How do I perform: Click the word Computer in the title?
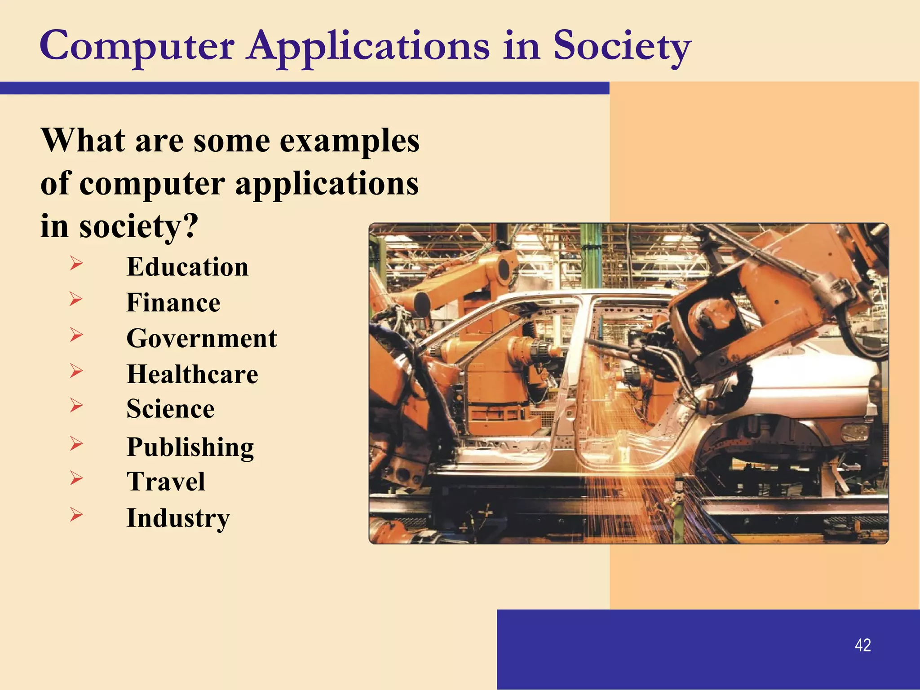137,46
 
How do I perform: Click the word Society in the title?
622,46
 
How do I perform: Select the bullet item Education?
187,267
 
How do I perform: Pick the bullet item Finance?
173,302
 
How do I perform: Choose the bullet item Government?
202,338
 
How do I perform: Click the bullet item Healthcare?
192,374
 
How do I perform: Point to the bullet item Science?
171,409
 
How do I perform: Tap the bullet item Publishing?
190,447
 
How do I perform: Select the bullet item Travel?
166,482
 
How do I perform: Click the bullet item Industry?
178,518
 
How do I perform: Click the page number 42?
863,645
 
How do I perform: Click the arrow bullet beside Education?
76,263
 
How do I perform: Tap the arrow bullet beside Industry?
76,515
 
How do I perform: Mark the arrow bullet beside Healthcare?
76,371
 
